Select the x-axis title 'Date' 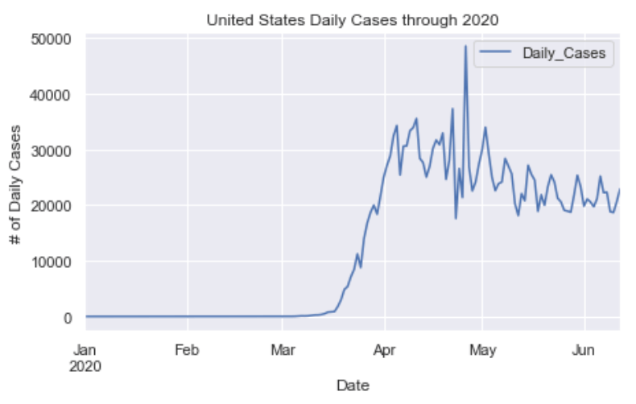click(x=352, y=386)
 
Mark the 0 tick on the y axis click(x=68, y=317)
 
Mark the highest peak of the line click(x=465, y=47)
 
